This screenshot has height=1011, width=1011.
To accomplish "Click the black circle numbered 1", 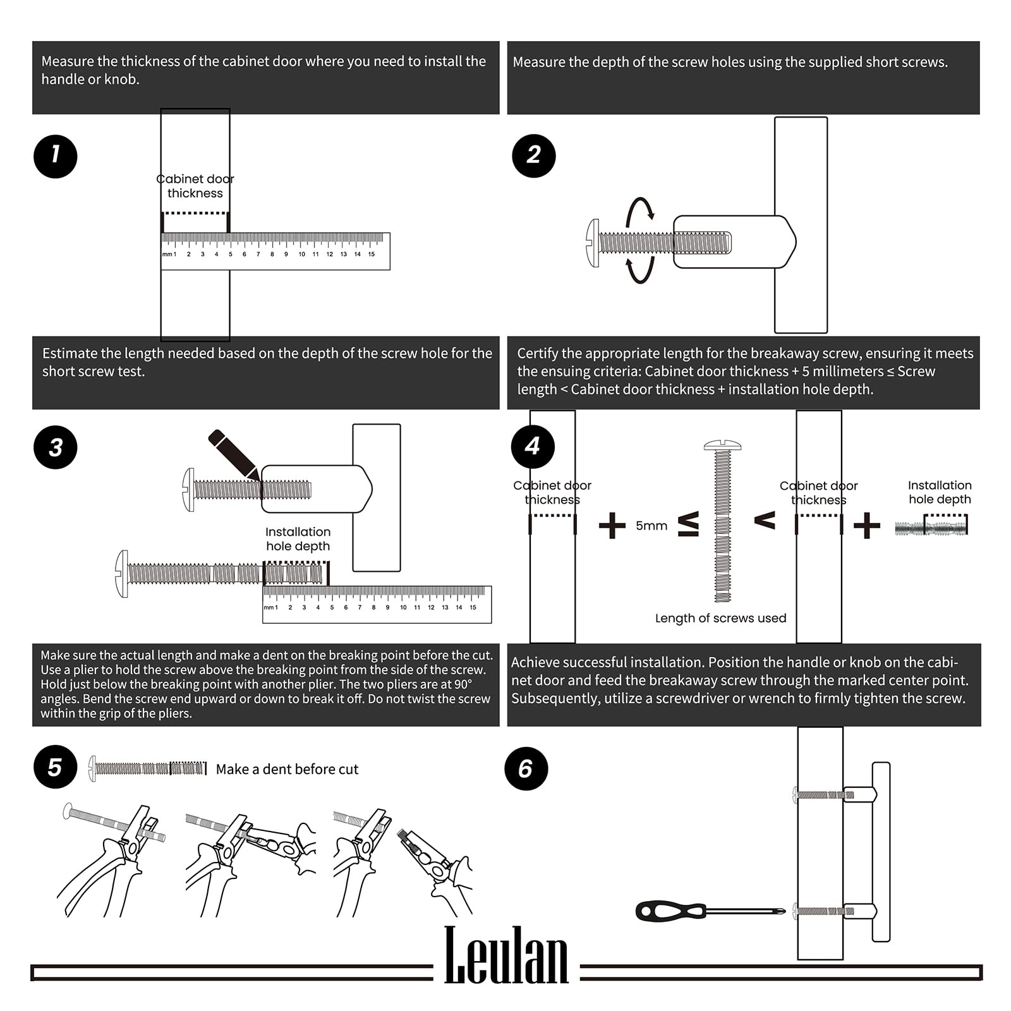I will click(x=56, y=156).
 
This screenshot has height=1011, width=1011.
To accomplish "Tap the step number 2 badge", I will click(x=533, y=155).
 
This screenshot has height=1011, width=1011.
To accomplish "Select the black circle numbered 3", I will click(x=56, y=447).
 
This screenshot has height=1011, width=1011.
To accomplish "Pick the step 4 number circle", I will click(x=533, y=446).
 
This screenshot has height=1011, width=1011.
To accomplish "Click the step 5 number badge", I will click(x=55, y=768).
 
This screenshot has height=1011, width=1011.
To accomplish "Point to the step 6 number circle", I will click(x=526, y=768).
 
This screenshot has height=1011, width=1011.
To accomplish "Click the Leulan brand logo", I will click(x=506, y=955).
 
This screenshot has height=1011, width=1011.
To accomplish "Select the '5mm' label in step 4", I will click(x=651, y=526).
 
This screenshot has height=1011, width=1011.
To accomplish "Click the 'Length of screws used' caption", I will click(x=720, y=618).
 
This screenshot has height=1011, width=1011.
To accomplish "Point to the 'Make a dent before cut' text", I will click(x=287, y=769).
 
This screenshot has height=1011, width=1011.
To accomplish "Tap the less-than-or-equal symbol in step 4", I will click(x=689, y=524).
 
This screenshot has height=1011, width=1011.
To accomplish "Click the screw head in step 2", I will click(x=593, y=243).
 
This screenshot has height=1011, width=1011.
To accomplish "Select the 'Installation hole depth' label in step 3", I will click(x=298, y=539).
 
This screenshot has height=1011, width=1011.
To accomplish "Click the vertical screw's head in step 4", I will click(x=722, y=445).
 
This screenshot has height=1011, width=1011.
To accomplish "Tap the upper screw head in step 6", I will click(x=795, y=794).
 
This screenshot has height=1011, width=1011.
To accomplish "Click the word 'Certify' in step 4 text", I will click(x=538, y=353).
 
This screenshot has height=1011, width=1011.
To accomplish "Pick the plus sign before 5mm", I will click(x=612, y=525).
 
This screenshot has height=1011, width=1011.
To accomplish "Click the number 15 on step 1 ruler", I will click(x=372, y=254).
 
